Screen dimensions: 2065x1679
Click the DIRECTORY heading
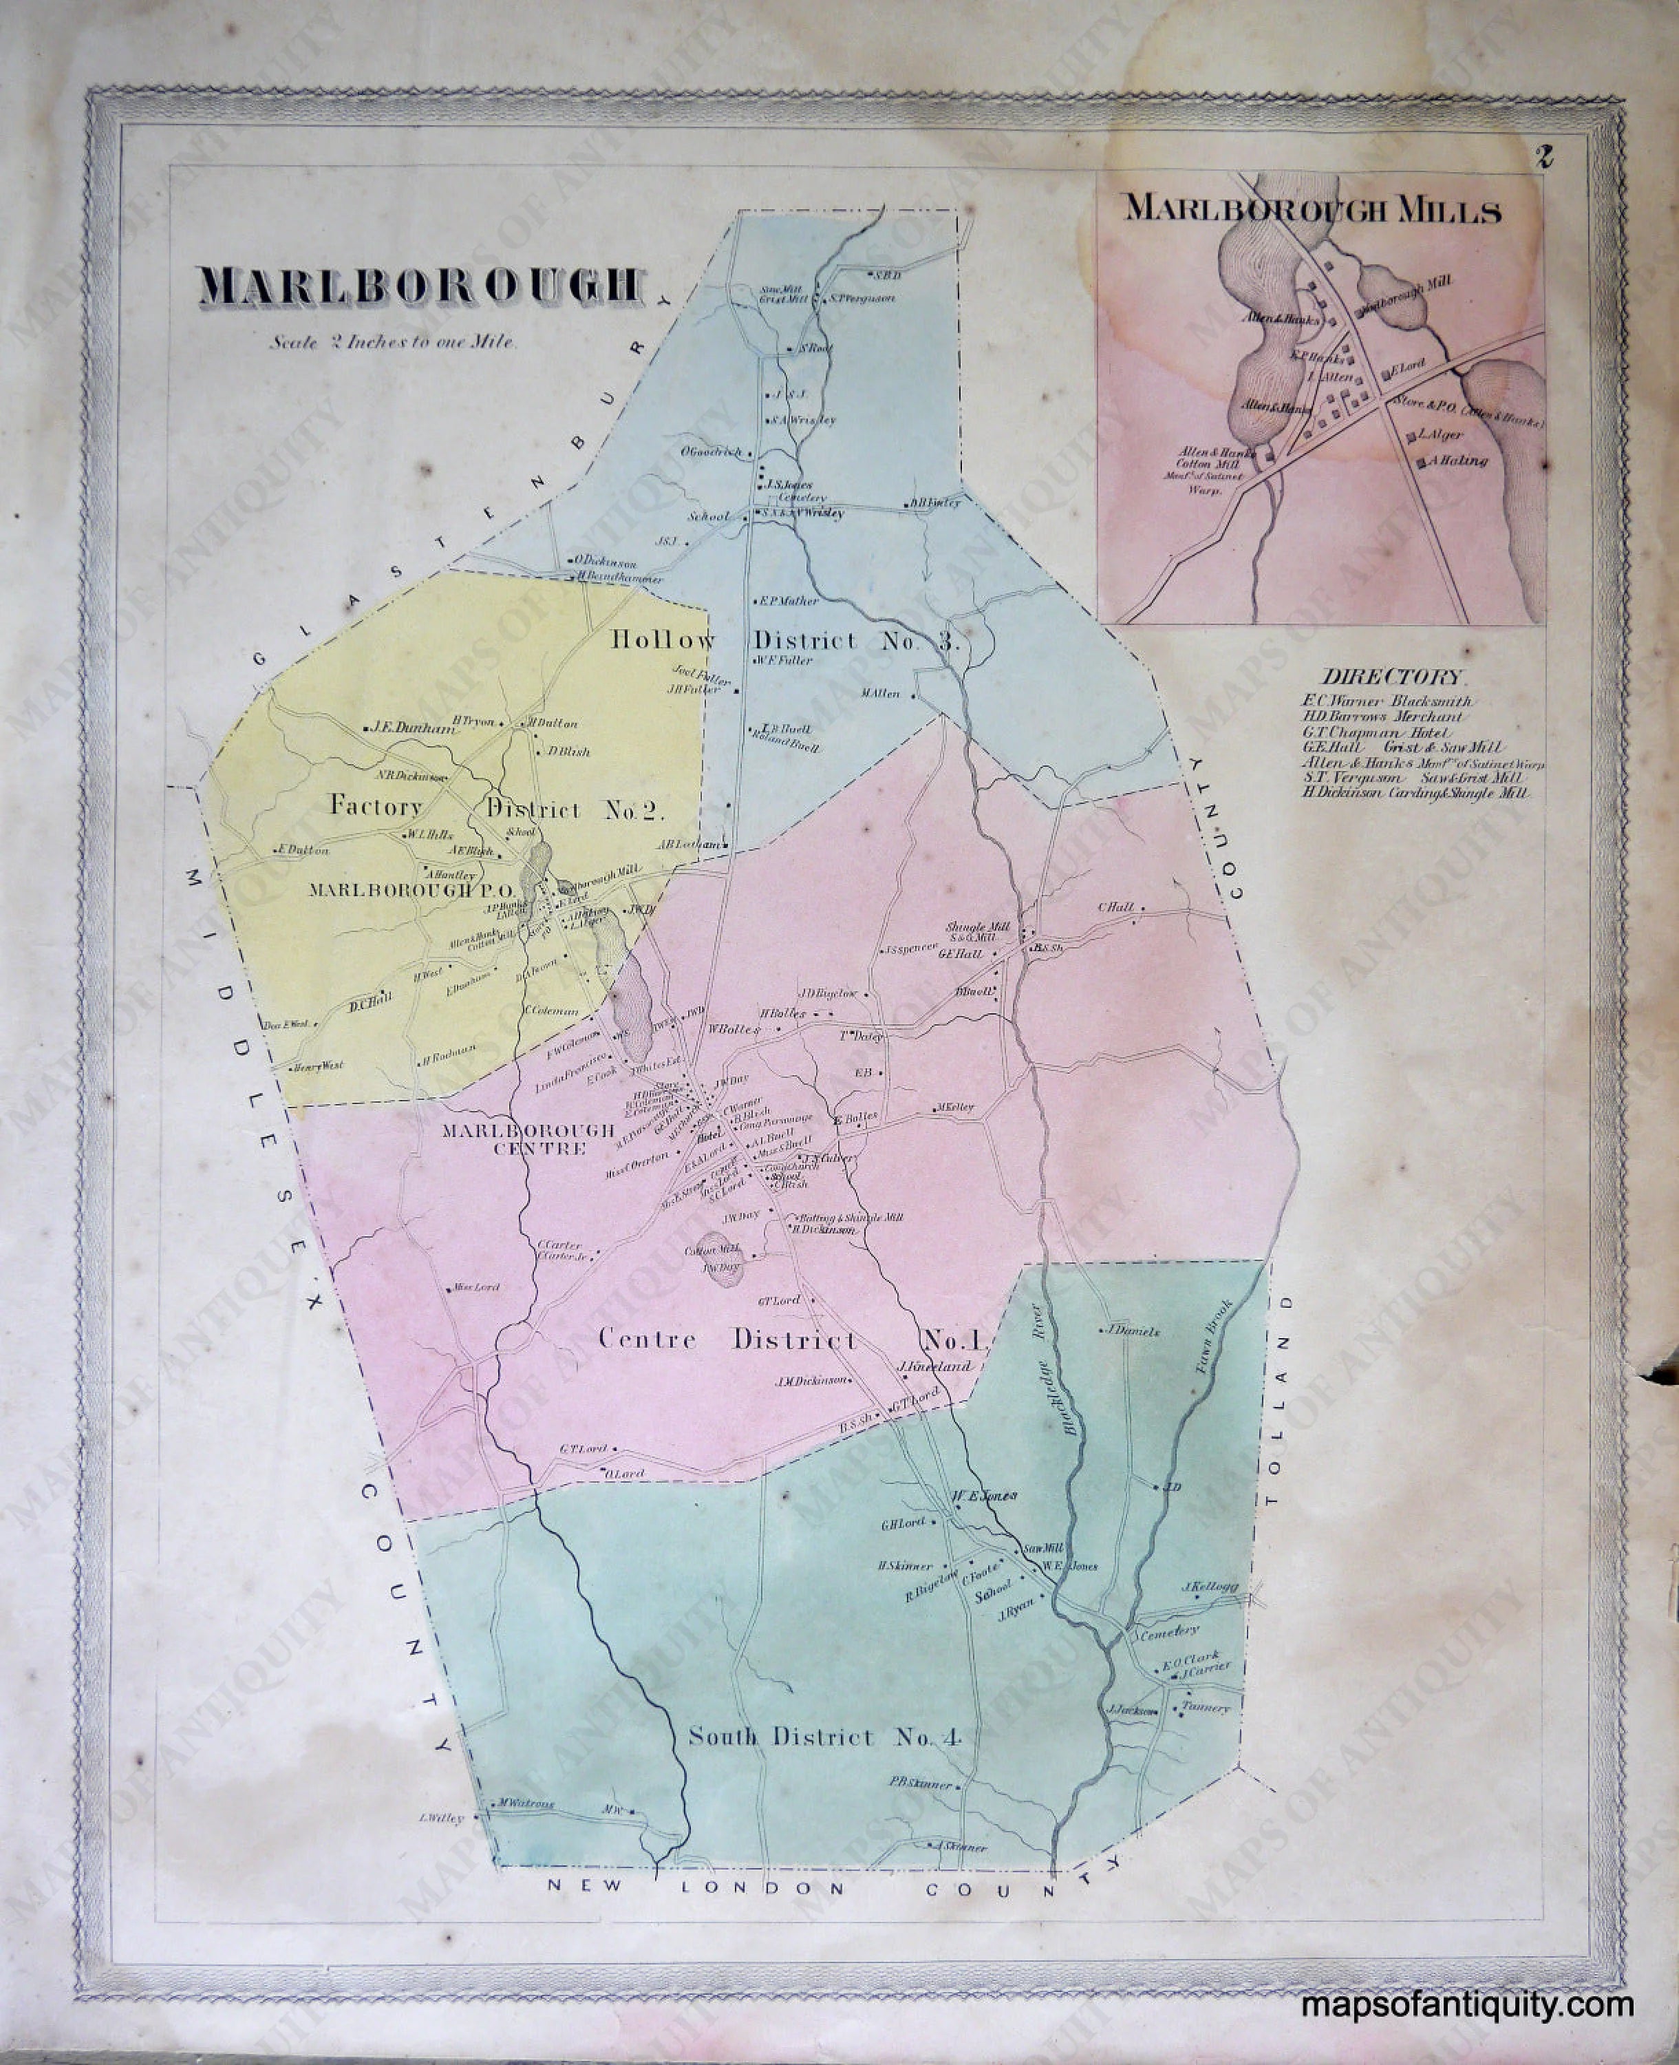point(1393,677)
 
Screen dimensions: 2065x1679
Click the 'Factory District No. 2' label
point(496,807)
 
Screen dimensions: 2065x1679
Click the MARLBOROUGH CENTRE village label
point(527,1139)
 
